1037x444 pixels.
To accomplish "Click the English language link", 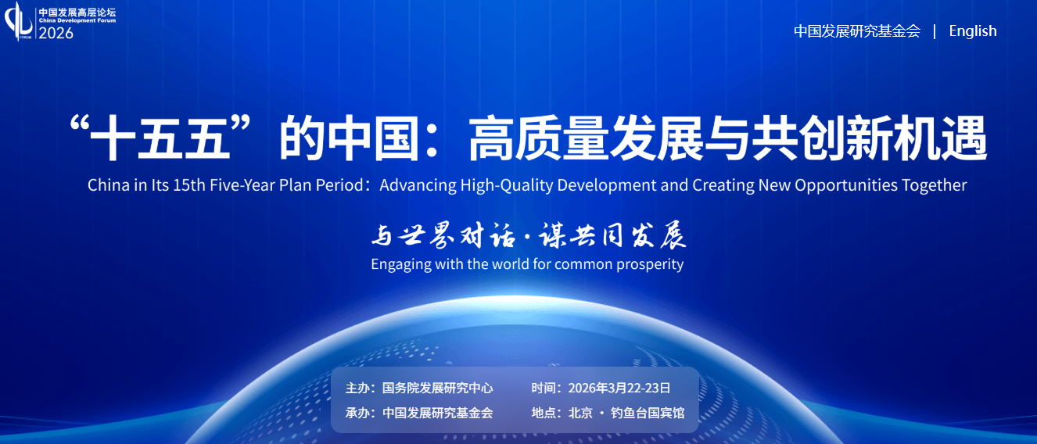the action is (973, 31).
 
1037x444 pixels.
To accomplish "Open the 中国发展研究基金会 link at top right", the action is (857, 31).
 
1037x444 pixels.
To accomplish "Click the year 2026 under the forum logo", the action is (56, 34).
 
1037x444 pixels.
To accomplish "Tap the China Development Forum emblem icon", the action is (18, 21).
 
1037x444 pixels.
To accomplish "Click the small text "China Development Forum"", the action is (77, 21).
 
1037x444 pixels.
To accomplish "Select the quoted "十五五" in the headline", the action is (160, 138).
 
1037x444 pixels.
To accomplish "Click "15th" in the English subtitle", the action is (189, 185).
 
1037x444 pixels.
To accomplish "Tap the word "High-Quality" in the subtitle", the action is (507, 186).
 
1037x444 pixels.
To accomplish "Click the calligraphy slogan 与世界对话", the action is (443, 235).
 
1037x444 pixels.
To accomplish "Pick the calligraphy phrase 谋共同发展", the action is (612, 235).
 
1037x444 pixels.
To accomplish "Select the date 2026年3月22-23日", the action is (619, 388).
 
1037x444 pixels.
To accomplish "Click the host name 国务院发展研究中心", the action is (437, 388).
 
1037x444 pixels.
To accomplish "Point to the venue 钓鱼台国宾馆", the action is (648, 413).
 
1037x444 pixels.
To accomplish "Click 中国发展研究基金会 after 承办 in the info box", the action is (437, 413).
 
